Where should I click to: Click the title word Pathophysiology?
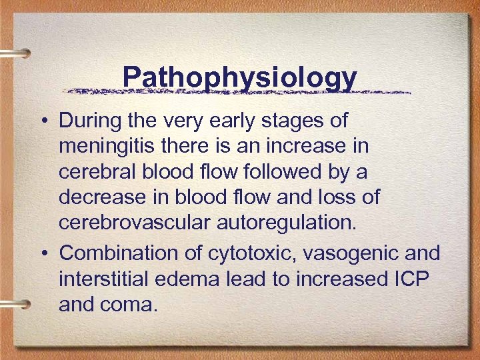pyautogui.click(x=239, y=77)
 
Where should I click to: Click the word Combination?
pyautogui.click(x=113, y=253)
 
